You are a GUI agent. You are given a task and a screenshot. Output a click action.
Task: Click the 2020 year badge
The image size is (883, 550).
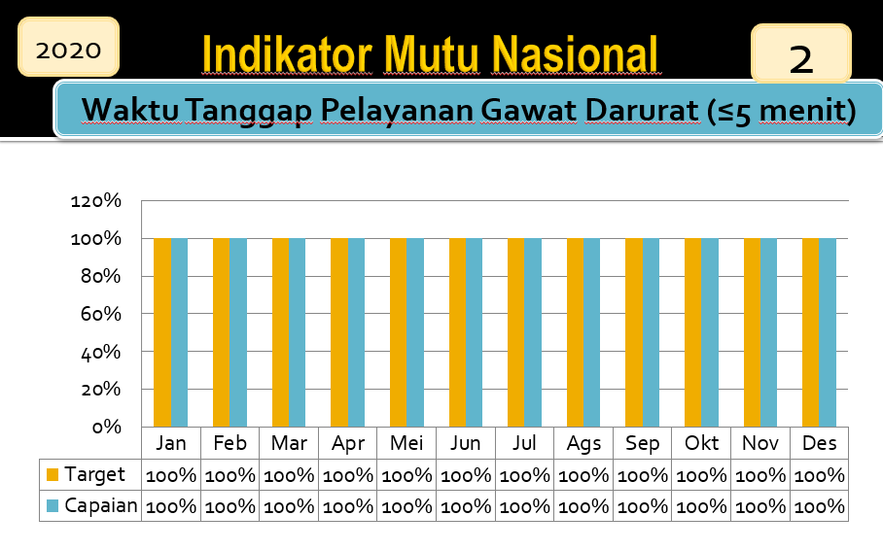(68, 47)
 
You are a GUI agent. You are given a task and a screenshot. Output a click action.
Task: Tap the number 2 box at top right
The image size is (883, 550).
(800, 53)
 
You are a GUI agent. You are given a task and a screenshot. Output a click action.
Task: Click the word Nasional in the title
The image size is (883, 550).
(575, 54)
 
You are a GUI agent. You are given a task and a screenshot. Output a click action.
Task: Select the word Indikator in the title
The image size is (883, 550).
(287, 54)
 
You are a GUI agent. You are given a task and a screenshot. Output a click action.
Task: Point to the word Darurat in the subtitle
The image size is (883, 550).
(643, 110)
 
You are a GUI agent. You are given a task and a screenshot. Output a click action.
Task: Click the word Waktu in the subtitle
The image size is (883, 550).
(130, 110)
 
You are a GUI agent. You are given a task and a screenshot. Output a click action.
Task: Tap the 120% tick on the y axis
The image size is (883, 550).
(95, 200)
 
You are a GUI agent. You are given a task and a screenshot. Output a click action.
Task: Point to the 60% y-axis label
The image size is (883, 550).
(101, 314)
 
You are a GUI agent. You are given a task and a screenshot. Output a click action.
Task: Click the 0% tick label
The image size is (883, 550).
(106, 427)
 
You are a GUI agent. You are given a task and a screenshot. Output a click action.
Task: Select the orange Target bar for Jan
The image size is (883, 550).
(162, 332)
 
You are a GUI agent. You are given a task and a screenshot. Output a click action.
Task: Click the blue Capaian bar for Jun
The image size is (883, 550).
(475, 332)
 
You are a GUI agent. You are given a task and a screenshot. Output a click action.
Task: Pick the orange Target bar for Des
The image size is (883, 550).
(811, 332)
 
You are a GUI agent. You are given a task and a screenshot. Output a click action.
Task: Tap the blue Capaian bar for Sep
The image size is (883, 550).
(651, 332)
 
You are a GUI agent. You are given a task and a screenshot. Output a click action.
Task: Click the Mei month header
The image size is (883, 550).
(406, 443)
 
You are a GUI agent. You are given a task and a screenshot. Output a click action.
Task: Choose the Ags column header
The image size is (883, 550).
(583, 444)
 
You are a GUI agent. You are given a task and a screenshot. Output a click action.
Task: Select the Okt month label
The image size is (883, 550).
(701, 443)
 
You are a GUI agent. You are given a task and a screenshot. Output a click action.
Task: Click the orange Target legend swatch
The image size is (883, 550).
(53, 474)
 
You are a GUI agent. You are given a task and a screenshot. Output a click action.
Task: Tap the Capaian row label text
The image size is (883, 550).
(101, 505)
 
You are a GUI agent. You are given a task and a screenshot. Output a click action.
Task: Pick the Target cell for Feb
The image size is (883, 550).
(230, 476)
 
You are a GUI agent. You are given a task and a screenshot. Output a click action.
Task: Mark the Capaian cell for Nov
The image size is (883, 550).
(760, 506)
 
